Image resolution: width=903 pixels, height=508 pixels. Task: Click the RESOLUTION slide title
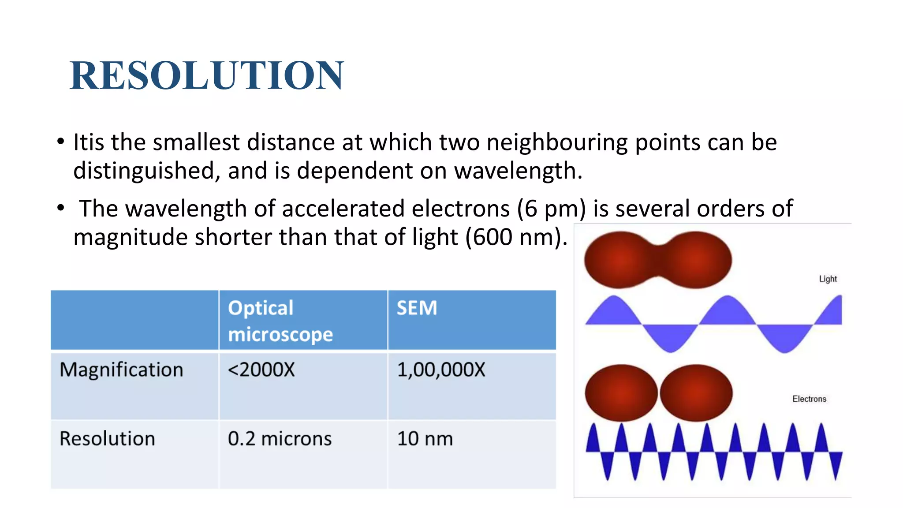point(206,75)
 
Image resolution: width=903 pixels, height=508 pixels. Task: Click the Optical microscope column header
point(280,321)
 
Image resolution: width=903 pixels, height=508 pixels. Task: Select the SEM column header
point(417,308)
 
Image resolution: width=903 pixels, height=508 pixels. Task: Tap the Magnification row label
point(121,370)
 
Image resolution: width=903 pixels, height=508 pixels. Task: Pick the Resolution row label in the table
point(107,439)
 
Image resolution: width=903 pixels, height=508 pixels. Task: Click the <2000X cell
point(261,370)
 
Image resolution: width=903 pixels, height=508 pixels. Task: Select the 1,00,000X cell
point(441,370)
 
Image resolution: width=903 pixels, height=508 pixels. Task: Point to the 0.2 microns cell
point(280,439)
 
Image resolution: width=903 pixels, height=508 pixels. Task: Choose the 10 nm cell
point(425,439)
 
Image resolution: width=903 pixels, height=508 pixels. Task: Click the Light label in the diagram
point(828,279)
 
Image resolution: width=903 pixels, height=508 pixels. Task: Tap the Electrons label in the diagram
point(809,399)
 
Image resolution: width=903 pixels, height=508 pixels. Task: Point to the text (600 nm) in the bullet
point(516,237)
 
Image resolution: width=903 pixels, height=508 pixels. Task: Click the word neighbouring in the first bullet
point(557,142)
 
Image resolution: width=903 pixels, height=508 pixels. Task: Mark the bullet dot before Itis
point(61,142)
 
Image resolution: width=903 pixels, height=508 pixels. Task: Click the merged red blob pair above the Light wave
point(658,260)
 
